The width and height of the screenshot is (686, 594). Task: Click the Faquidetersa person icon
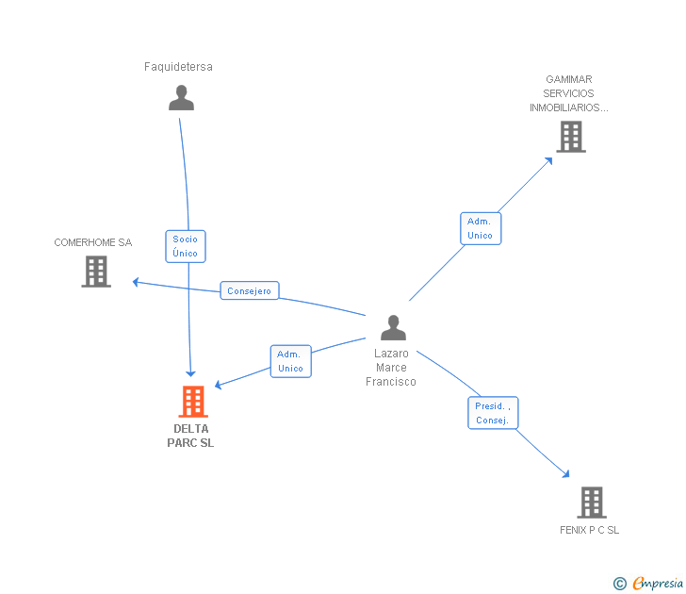[181, 98]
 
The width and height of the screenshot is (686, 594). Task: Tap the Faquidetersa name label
[178, 67]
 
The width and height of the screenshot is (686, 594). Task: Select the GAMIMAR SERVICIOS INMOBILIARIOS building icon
[570, 137]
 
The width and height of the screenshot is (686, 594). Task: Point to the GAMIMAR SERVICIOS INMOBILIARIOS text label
[569, 93]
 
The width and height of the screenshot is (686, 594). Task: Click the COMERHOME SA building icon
[96, 272]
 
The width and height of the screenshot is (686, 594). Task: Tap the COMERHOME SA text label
[93, 242]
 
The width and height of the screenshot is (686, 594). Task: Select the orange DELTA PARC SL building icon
[192, 402]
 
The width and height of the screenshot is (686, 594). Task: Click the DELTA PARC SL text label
[191, 436]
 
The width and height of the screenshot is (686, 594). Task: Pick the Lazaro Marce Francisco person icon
[393, 328]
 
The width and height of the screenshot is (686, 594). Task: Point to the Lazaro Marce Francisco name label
[391, 367]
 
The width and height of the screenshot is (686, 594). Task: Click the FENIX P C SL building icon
[591, 502]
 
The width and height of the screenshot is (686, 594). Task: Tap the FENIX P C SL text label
[590, 530]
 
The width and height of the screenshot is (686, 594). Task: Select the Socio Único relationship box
[186, 246]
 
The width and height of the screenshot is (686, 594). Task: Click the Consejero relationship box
[250, 291]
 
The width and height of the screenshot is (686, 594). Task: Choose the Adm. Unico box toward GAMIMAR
[480, 228]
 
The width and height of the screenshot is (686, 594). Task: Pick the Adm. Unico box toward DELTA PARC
[290, 361]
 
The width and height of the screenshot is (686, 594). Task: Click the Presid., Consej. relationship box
[493, 413]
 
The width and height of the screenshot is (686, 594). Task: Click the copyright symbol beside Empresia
[620, 585]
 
